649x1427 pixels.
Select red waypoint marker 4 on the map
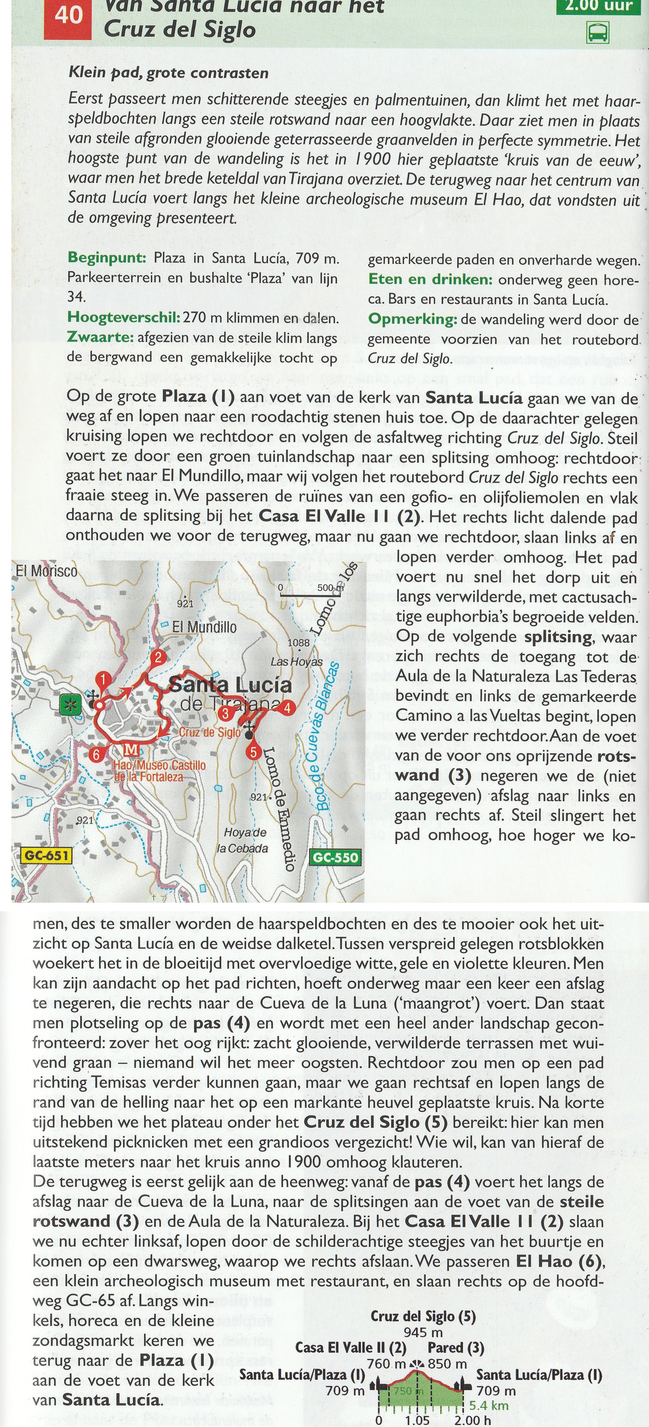(287, 707)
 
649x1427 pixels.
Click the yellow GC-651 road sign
(47, 855)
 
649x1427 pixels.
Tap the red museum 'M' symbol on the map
(132, 750)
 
